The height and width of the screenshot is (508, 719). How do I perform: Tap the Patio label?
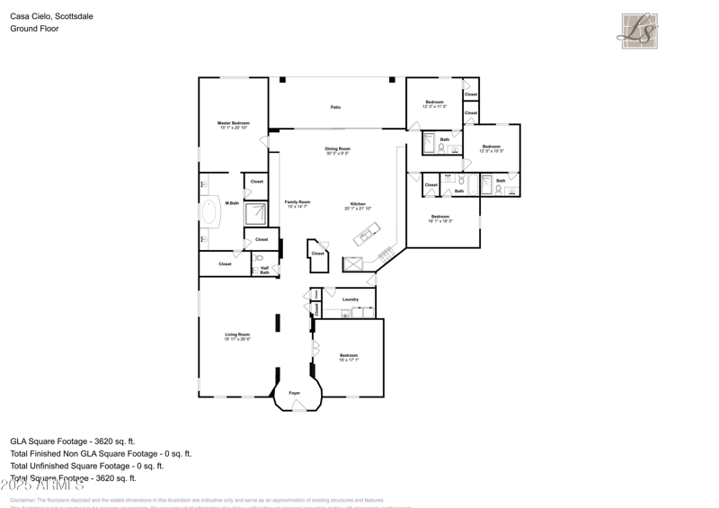335,108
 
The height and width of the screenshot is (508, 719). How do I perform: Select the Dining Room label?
338,151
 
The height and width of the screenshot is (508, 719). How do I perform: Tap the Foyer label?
295,394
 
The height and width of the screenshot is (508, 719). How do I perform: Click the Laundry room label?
351,299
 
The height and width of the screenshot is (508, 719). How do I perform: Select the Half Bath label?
265,269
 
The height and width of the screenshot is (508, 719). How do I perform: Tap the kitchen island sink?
365,237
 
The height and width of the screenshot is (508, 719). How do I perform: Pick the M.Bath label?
232,203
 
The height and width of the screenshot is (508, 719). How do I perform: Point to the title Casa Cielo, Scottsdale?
51,16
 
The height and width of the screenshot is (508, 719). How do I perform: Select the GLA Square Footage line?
73,441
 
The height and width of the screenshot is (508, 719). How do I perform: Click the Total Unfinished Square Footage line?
87,466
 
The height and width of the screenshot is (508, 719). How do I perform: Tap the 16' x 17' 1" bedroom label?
349,358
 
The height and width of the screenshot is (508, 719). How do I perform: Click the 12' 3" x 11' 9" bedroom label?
434,104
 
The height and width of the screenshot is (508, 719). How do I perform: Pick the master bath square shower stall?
256,213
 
